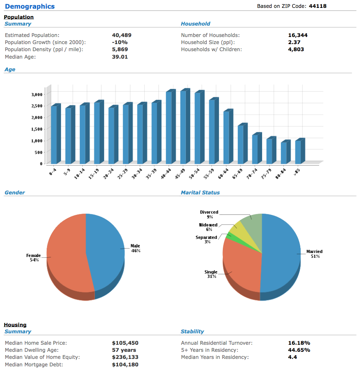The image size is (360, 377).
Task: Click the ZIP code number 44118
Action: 318,6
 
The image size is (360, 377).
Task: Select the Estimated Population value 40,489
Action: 121,35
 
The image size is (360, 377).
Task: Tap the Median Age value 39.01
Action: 120,57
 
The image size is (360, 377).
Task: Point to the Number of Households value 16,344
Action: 298,35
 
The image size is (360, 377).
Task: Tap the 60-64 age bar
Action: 228,137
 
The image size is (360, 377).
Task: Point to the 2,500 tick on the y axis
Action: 37,106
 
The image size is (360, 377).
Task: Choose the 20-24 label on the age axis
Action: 108,174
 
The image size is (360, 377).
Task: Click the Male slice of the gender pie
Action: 106,250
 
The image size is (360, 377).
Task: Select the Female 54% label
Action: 33,257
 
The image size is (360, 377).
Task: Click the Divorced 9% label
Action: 209,214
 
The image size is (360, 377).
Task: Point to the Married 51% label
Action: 314,254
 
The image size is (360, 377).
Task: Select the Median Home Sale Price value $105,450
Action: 125,343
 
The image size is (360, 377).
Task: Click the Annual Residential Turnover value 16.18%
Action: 299,343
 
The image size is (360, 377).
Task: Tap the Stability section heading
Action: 192,331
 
